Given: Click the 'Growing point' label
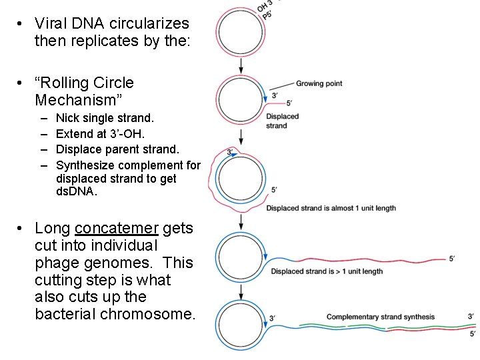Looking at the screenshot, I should point(319,83).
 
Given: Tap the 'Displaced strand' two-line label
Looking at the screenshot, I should point(282,121).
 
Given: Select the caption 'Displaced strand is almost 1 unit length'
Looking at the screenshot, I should point(331,208).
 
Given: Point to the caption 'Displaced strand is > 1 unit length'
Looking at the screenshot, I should point(327,271).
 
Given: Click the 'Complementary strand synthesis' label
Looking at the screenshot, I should point(380,317).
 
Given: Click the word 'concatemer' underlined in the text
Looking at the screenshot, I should point(117,229).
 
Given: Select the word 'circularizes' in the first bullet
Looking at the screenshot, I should point(152,23).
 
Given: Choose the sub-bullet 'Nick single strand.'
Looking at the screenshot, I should point(105,118).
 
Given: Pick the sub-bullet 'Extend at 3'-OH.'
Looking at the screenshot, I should point(100,133).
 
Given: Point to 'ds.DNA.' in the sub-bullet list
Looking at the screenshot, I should point(77,191).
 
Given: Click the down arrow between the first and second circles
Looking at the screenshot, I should point(241,65).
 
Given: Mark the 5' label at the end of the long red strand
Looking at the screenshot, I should point(452,259).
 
